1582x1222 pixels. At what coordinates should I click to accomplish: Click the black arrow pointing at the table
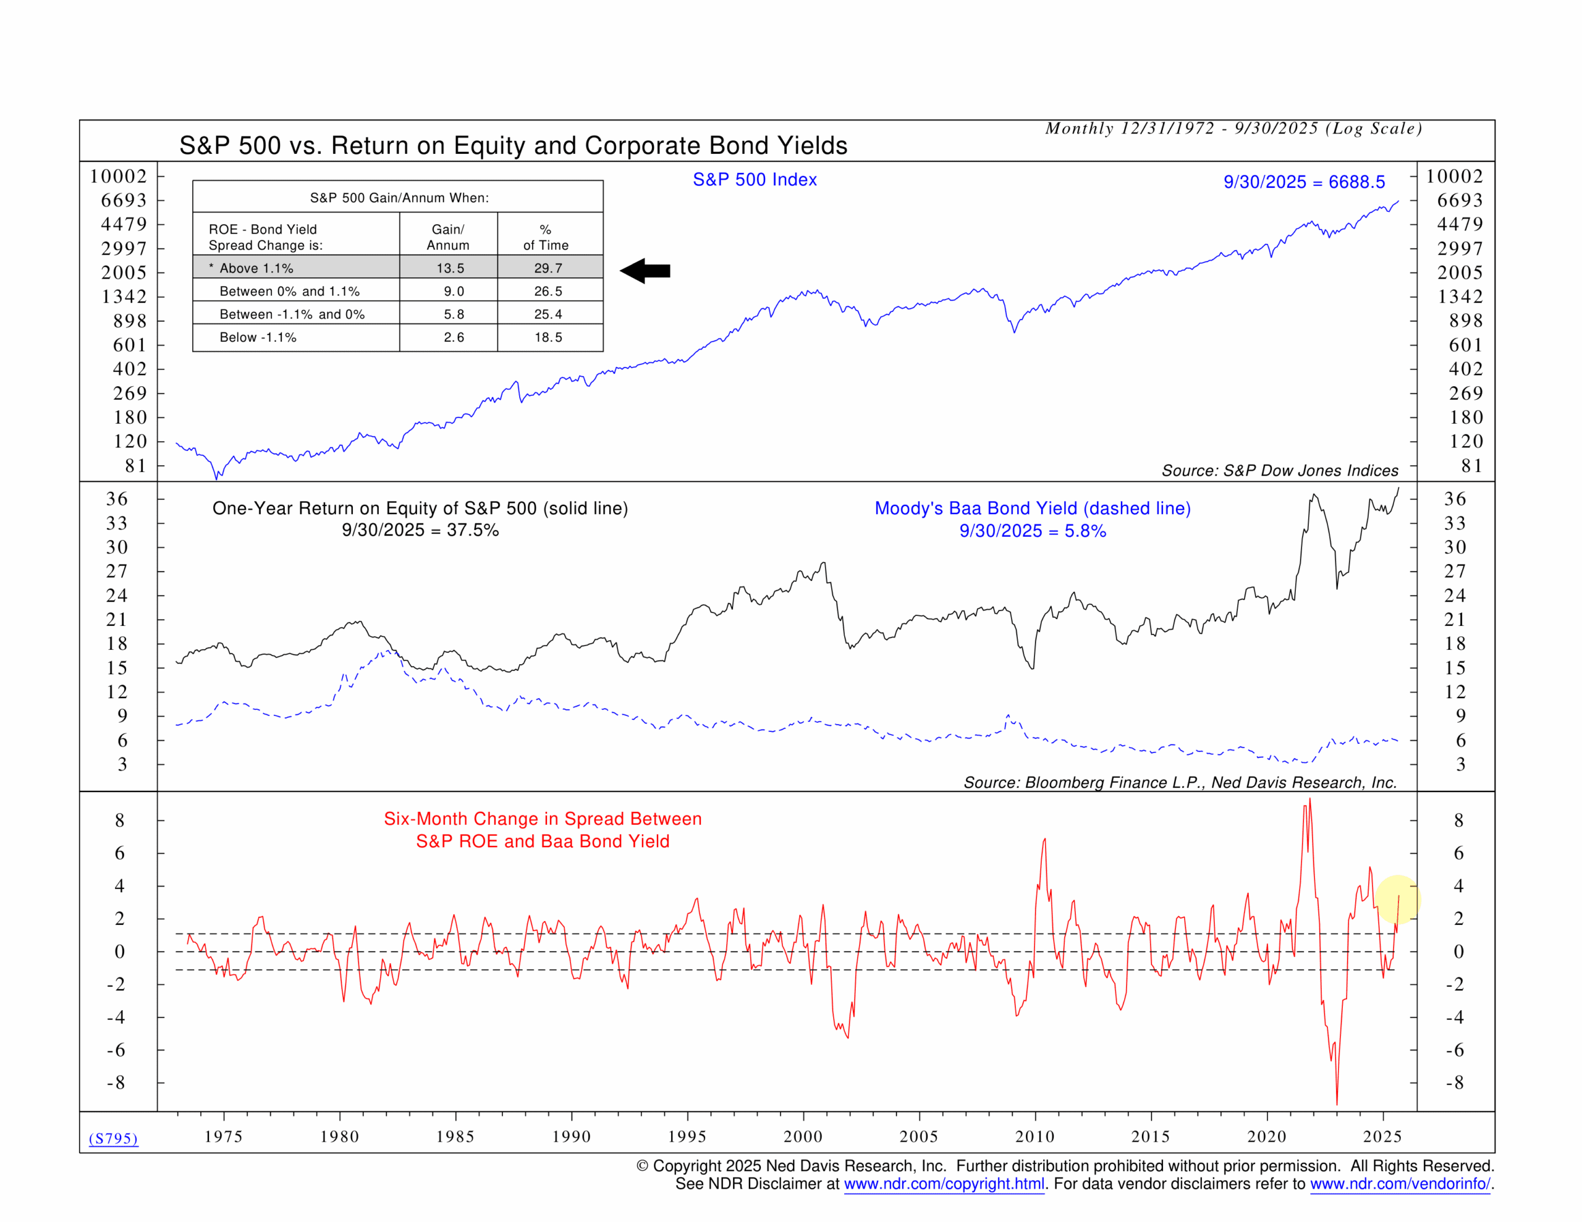click(645, 271)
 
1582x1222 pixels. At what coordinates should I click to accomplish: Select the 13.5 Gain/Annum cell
click(450, 268)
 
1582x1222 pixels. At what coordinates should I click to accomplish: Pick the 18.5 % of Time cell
click(548, 337)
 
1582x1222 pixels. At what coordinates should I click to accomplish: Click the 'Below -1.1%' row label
click(258, 337)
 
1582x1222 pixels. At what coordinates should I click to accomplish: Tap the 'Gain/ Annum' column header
click(447, 237)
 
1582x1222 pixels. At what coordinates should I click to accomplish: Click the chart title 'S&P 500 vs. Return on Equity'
click(513, 146)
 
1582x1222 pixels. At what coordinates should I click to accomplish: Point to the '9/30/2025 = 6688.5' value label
click(1304, 182)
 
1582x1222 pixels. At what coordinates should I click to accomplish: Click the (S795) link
click(113, 1138)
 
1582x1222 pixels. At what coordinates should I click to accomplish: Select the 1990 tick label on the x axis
click(571, 1136)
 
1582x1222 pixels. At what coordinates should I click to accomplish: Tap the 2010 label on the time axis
click(1034, 1136)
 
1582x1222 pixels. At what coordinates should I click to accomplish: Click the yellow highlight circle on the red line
click(1397, 900)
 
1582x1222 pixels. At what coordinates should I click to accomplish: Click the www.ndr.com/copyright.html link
click(944, 1184)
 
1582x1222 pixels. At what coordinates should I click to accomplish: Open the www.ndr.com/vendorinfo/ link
click(1400, 1184)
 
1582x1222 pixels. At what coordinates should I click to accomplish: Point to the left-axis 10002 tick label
click(118, 177)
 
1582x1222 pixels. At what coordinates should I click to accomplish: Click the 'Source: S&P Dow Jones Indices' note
click(1280, 471)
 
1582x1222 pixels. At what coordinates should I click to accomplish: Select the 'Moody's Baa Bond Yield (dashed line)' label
click(1032, 508)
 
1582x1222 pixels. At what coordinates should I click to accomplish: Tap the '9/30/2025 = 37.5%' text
click(420, 530)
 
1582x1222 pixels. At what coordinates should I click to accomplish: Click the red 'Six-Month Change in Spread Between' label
click(543, 819)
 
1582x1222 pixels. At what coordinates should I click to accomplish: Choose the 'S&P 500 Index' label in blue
click(755, 180)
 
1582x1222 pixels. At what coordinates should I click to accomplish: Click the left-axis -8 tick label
click(116, 1082)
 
